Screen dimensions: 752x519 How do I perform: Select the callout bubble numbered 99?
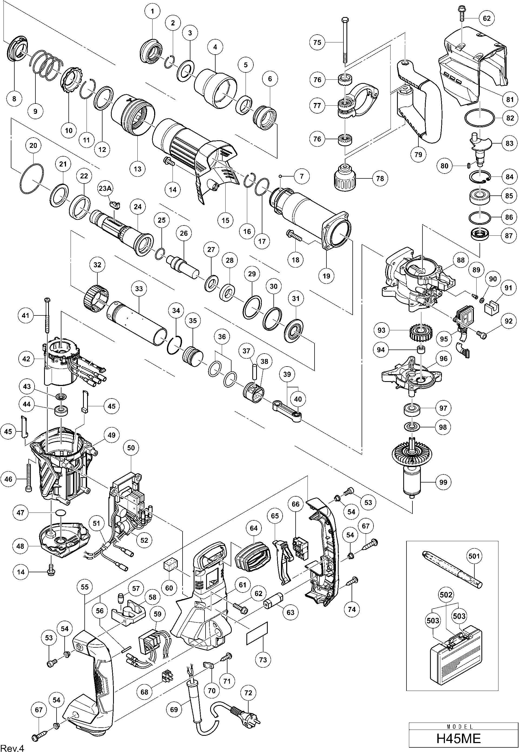click(x=443, y=482)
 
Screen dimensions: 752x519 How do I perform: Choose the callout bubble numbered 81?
click(x=509, y=99)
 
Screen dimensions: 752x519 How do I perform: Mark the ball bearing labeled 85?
click(x=479, y=196)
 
